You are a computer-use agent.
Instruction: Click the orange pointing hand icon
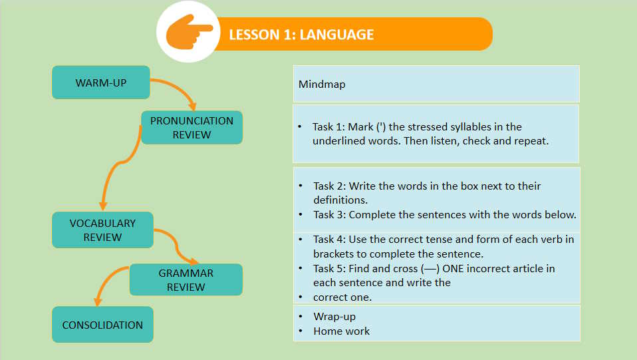pos(189,32)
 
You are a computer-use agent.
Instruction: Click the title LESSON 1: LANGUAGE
pos(301,35)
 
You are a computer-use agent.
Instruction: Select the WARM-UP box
pos(101,82)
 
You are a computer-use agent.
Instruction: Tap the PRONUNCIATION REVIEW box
pos(191,127)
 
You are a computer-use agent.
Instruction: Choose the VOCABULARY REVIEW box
pos(102,230)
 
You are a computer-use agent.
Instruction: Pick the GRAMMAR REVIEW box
pos(186,279)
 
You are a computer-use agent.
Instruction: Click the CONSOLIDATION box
pos(102,325)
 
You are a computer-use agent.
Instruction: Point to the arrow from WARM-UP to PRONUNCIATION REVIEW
pos(179,87)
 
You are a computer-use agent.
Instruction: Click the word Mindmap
pos(322,85)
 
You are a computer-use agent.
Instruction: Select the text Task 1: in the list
pos(328,127)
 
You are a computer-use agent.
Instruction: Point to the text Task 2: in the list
pos(329,186)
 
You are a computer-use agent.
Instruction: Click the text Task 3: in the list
pos(329,214)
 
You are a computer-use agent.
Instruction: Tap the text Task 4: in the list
pos(329,239)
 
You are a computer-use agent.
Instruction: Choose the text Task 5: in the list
pos(329,268)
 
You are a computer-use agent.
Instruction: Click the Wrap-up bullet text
pos(334,317)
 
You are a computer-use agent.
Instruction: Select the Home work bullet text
pos(342,331)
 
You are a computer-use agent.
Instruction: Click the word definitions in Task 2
pos(340,200)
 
